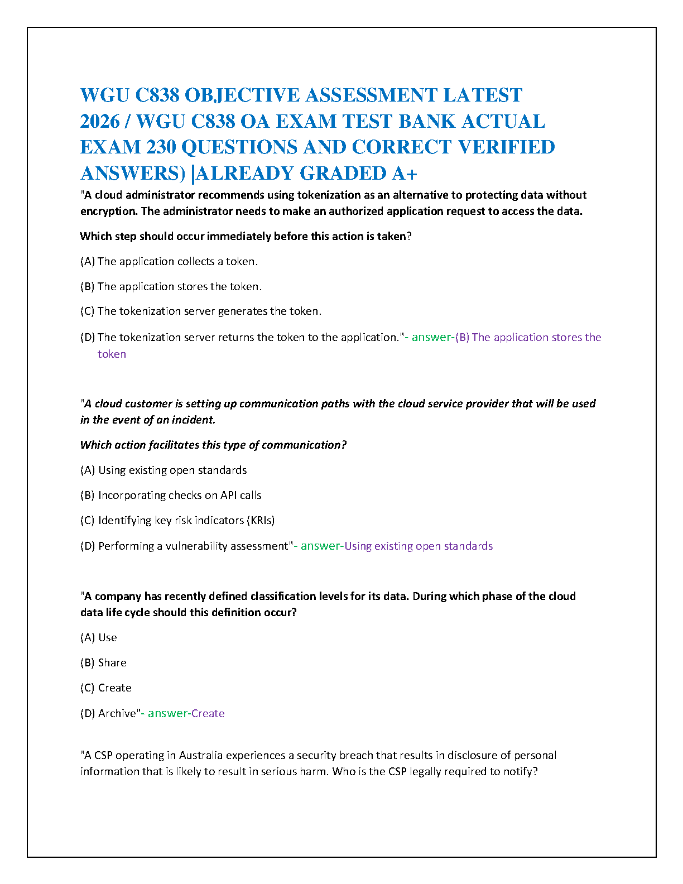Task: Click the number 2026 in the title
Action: [100, 121]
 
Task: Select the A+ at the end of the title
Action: [404, 174]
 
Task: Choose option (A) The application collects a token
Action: [169, 261]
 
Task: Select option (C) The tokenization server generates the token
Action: [201, 311]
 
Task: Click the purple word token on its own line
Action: [112, 354]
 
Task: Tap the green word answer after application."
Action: [431, 337]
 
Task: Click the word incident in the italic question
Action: [194, 420]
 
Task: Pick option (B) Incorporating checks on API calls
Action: [171, 495]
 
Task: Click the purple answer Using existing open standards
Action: [419, 546]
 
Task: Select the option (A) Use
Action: [99, 637]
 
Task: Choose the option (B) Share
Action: [103, 662]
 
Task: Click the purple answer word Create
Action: [208, 713]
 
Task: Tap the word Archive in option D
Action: [117, 713]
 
